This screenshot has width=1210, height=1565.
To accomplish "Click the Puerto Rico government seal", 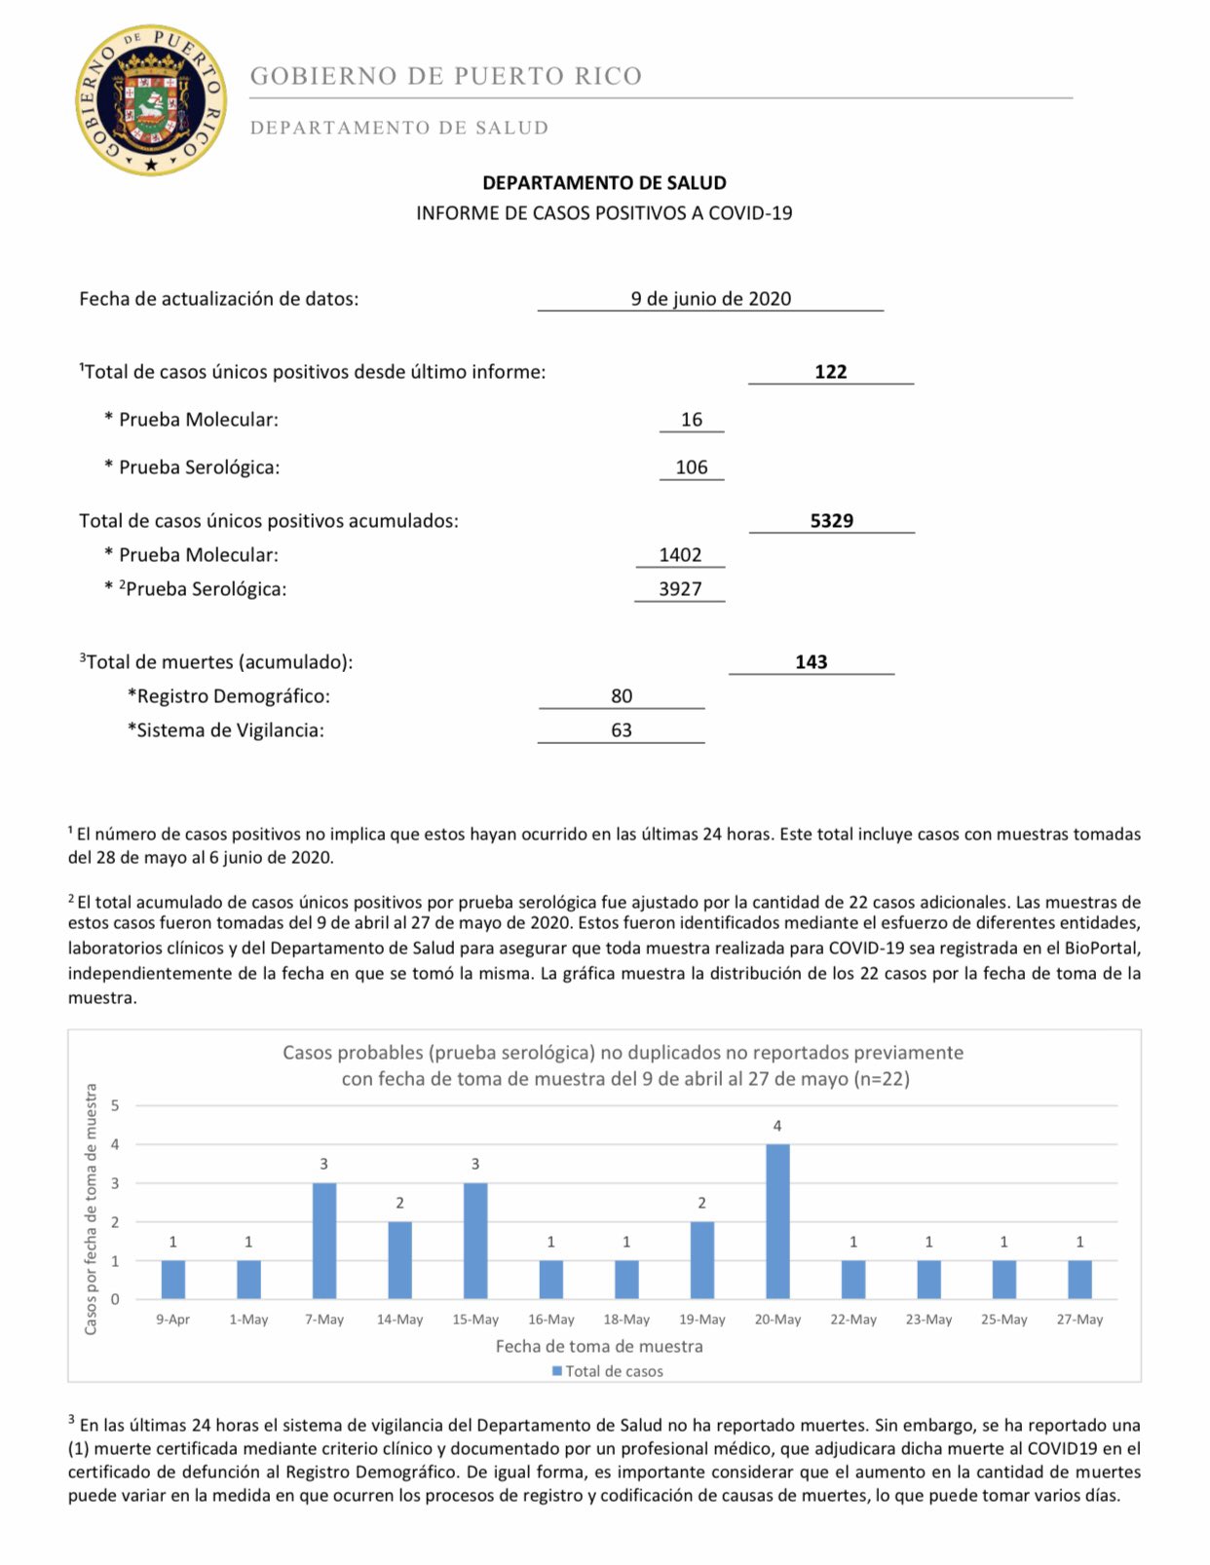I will (151, 100).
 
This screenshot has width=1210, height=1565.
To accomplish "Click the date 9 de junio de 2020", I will (710, 299).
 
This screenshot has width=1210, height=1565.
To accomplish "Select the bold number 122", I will (830, 372).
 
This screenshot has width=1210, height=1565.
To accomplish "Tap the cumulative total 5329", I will (831, 521).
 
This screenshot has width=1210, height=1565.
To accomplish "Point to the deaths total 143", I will (811, 662).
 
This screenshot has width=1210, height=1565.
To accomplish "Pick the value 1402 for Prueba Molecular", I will (680, 555).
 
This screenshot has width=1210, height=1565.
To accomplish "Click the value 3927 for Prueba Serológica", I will (680, 589).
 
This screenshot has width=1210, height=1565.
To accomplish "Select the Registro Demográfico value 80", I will (622, 696).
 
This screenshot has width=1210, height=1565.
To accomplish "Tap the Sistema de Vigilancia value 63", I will (622, 730).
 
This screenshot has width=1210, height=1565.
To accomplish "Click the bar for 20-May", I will (777, 1221).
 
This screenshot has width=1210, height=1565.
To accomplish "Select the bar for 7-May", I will (324, 1241).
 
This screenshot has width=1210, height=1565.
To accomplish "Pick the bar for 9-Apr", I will (173, 1280).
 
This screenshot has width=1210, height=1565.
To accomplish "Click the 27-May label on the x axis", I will (1079, 1320).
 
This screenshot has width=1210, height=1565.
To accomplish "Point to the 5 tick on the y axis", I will (115, 1105).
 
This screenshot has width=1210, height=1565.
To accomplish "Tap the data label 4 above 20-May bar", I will (777, 1126).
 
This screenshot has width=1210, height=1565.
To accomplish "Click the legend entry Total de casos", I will (608, 1371).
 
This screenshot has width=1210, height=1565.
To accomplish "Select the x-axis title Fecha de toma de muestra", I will (599, 1346).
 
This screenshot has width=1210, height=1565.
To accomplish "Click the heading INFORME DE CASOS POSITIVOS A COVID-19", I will (604, 213).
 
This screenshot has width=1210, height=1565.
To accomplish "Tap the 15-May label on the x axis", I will (475, 1320).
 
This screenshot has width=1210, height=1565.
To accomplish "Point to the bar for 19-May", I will (701, 1260).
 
